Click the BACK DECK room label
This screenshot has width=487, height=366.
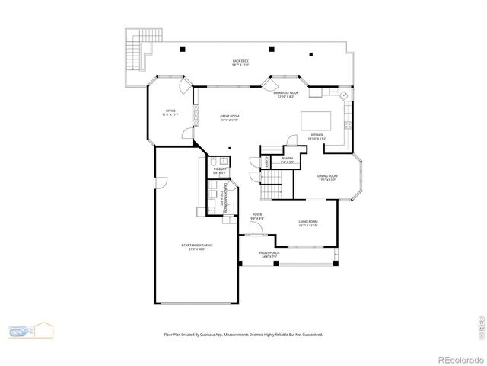pyautogui.click(x=240, y=63)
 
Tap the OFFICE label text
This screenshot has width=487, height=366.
pyautogui.click(x=171, y=114)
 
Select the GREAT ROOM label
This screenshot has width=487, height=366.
pyautogui.click(x=230, y=118)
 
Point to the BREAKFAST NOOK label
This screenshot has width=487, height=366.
pyautogui.click(x=285, y=95)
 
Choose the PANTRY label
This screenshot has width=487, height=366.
pyautogui.click(x=288, y=161)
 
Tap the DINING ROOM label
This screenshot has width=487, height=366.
pyautogui.click(x=327, y=178)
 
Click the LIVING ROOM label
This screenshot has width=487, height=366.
pyautogui.click(x=307, y=223)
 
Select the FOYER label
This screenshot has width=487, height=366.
pyautogui.click(x=257, y=217)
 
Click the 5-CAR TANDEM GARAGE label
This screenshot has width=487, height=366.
pyautogui.click(x=197, y=246)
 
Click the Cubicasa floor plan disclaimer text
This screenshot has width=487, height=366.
pyautogui.click(x=243, y=334)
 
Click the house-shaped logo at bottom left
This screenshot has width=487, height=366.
pyautogui.click(x=31, y=331)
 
